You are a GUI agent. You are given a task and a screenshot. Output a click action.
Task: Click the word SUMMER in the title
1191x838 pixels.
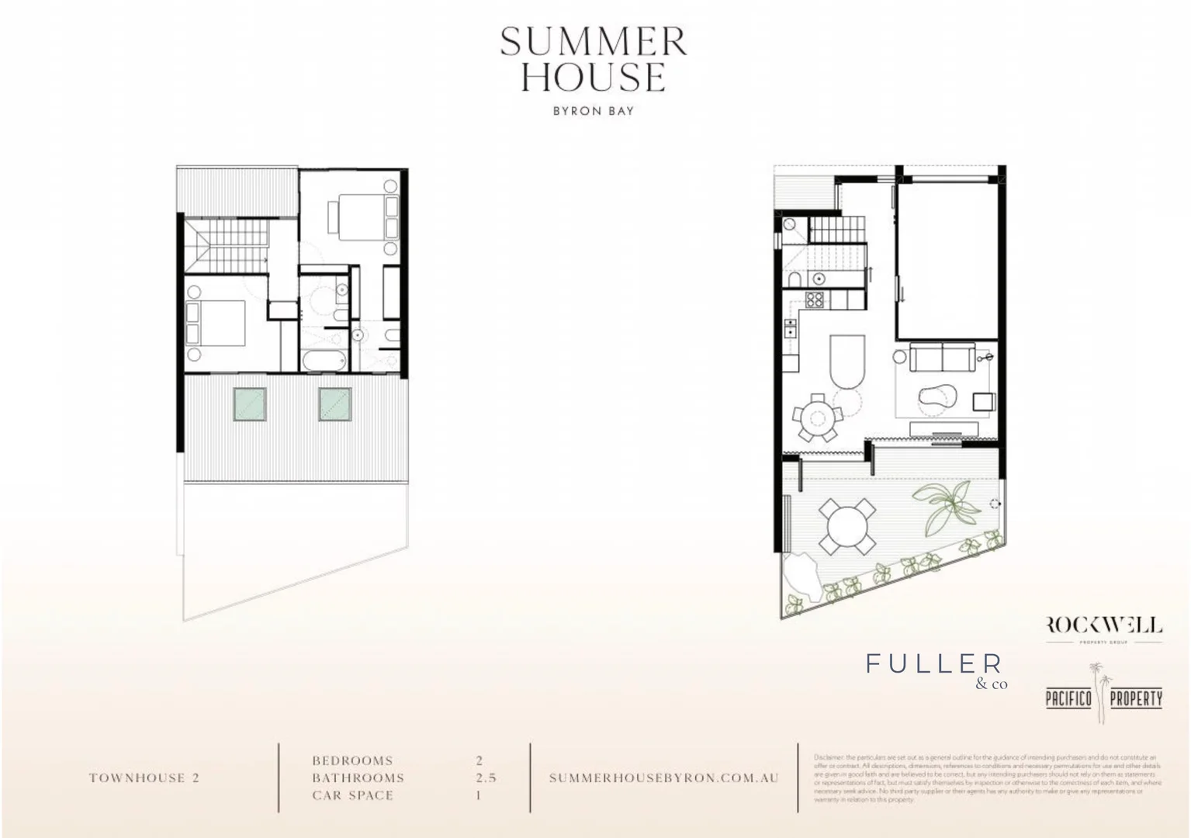point(594,42)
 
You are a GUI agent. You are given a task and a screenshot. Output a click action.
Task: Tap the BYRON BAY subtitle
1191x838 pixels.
point(594,111)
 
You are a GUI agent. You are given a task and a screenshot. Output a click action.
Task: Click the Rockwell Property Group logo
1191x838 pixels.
point(1104,628)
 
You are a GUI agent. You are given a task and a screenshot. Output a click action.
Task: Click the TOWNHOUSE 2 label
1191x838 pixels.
point(144,778)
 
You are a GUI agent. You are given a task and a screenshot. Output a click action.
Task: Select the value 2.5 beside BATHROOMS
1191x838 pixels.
point(486,778)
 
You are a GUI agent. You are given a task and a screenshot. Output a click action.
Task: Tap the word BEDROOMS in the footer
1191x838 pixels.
point(352,761)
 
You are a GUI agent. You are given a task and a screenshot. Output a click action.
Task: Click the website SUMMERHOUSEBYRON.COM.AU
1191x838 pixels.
point(663,778)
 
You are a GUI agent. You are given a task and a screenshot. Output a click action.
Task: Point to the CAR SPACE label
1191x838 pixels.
point(352,795)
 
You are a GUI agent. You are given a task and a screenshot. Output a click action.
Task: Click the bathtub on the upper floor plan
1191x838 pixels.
point(323,361)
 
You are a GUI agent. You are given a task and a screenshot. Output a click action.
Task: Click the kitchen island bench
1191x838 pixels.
point(847,362)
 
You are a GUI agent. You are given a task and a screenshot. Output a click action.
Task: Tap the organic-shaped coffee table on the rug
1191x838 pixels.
point(936,397)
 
